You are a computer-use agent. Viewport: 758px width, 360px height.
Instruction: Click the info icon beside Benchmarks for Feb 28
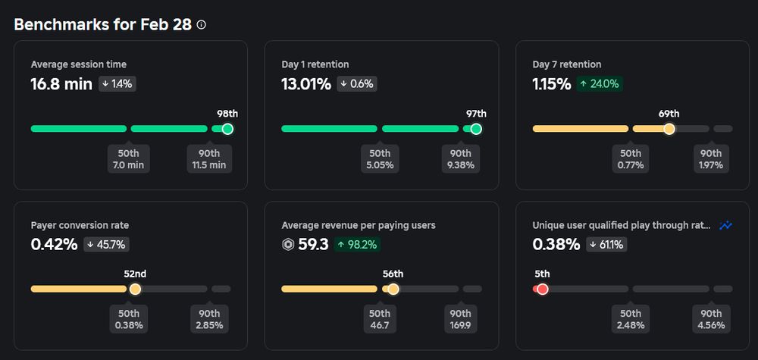(201, 24)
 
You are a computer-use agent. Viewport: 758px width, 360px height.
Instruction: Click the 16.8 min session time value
(61, 83)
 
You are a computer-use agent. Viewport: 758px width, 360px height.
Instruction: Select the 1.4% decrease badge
(117, 84)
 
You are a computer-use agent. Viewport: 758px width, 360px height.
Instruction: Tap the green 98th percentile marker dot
(227, 129)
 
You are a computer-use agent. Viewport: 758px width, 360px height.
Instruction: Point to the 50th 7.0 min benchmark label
(129, 158)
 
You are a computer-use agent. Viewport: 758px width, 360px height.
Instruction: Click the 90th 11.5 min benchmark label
(208, 158)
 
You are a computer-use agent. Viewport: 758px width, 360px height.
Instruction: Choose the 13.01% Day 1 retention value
(306, 83)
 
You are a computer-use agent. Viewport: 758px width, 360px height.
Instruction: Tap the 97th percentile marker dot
(476, 129)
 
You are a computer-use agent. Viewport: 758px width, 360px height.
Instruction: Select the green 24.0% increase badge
(599, 84)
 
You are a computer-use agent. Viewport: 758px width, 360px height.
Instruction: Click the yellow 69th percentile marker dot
(669, 129)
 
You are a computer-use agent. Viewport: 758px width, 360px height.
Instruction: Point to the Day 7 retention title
(567, 64)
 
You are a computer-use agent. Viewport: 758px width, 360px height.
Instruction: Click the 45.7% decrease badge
(106, 245)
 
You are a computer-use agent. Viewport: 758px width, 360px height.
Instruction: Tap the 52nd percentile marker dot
(135, 289)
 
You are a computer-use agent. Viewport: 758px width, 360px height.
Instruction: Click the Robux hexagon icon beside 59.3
(288, 245)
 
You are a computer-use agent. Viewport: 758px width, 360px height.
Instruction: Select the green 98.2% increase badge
(356, 245)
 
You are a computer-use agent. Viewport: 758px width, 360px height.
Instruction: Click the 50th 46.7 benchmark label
(379, 319)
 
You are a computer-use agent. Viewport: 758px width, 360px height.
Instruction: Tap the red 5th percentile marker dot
(542, 289)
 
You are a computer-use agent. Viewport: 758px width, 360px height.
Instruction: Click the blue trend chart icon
(726, 225)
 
